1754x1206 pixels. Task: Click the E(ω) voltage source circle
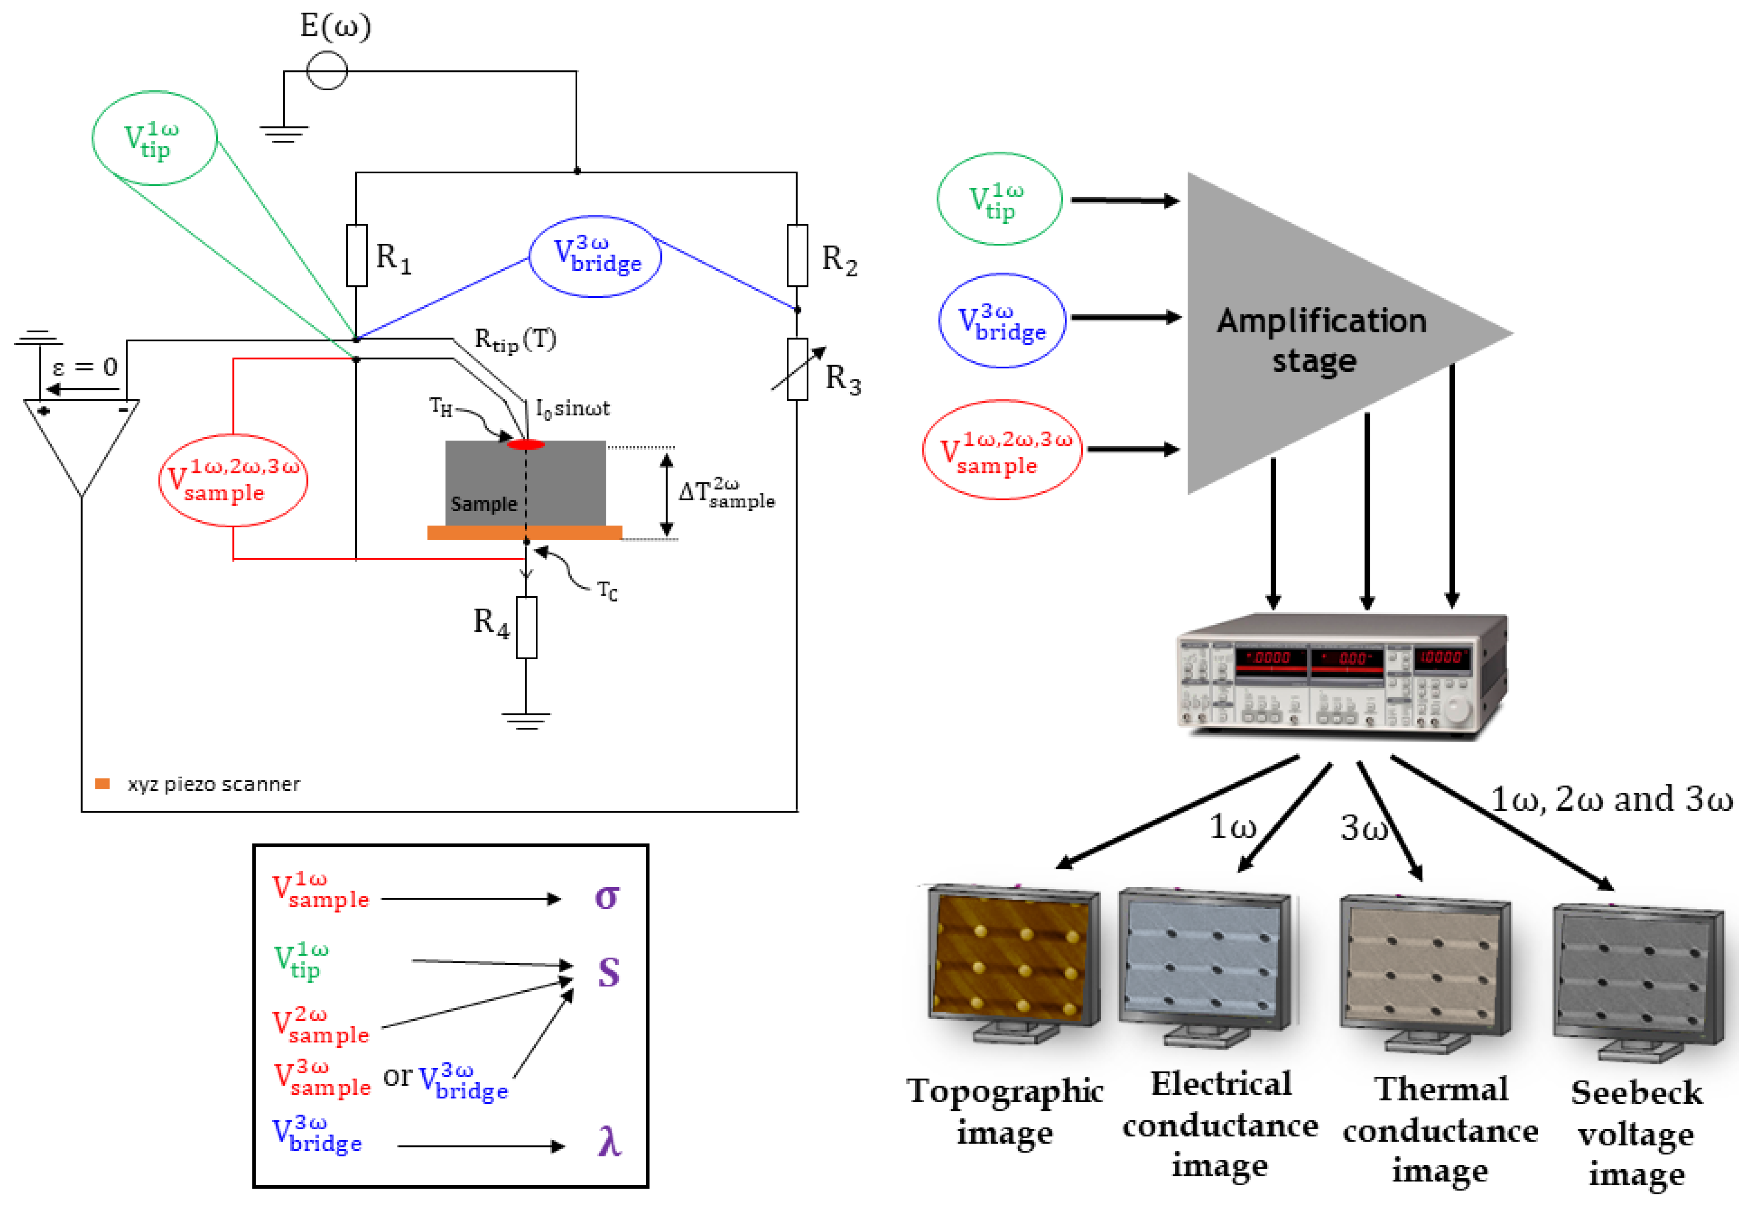327,71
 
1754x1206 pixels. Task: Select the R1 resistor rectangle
356,256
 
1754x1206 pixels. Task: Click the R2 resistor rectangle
797,256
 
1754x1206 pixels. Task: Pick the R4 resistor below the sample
526,627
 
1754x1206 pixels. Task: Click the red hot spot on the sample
526,444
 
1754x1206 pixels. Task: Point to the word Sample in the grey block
484,504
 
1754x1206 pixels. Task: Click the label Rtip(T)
515,340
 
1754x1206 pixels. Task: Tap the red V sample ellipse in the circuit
234,481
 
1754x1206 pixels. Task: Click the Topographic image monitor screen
1012,956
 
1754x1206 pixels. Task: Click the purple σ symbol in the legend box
607,897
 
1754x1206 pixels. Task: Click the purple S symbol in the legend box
608,972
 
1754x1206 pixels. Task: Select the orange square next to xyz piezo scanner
103,784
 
